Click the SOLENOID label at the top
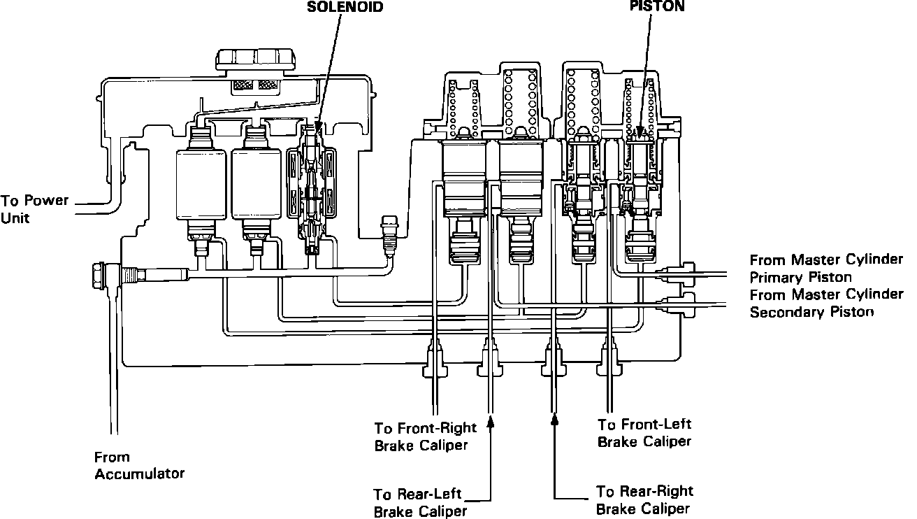(345, 8)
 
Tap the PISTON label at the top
(656, 7)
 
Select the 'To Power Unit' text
(34, 209)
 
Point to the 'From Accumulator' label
(139, 465)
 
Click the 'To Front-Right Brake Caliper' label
(425, 436)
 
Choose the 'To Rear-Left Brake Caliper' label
(419, 503)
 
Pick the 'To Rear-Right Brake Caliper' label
(644, 500)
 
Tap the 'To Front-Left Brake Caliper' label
(644, 432)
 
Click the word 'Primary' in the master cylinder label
(777, 277)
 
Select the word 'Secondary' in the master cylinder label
(787, 312)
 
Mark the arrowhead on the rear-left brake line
(491, 421)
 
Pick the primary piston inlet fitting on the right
(681, 273)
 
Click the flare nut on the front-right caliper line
(434, 356)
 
